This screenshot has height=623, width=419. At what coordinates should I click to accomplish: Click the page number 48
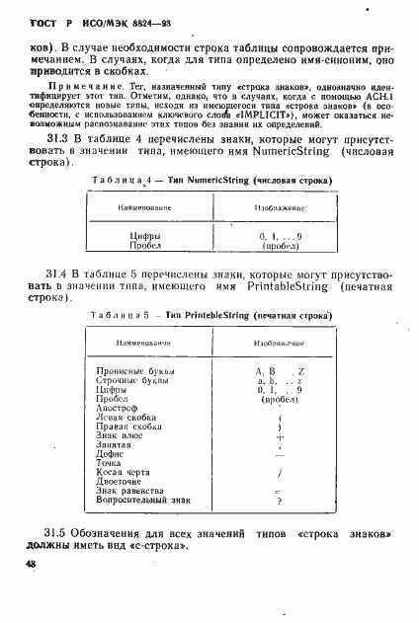click(x=32, y=564)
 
